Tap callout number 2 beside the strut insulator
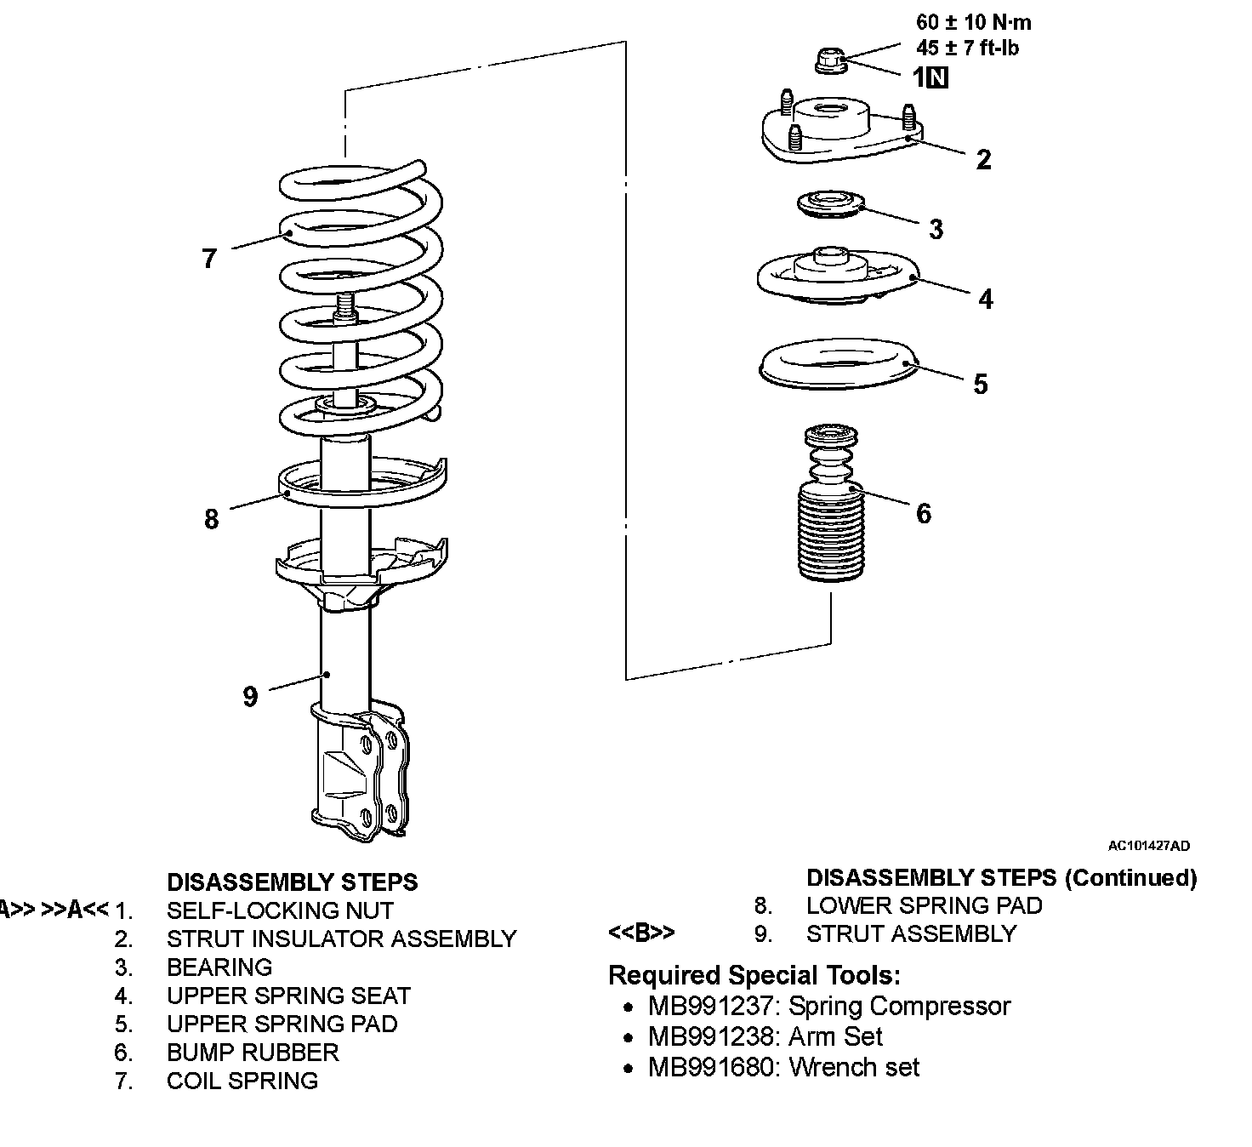(x=984, y=159)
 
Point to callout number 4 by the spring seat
(x=986, y=299)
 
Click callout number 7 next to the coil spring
(x=210, y=258)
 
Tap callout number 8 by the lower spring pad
(x=212, y=518)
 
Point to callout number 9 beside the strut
(x=250, y=697)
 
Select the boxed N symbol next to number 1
(x=937, y=78)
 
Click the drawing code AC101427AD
(x=1149, y=846)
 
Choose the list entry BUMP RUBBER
(x=253, y=1053)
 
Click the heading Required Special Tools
(x=754, y=975)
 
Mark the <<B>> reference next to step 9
(x=641, y=933)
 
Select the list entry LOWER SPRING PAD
(x=924, y=905)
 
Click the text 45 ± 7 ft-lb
(x=968, y=49)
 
